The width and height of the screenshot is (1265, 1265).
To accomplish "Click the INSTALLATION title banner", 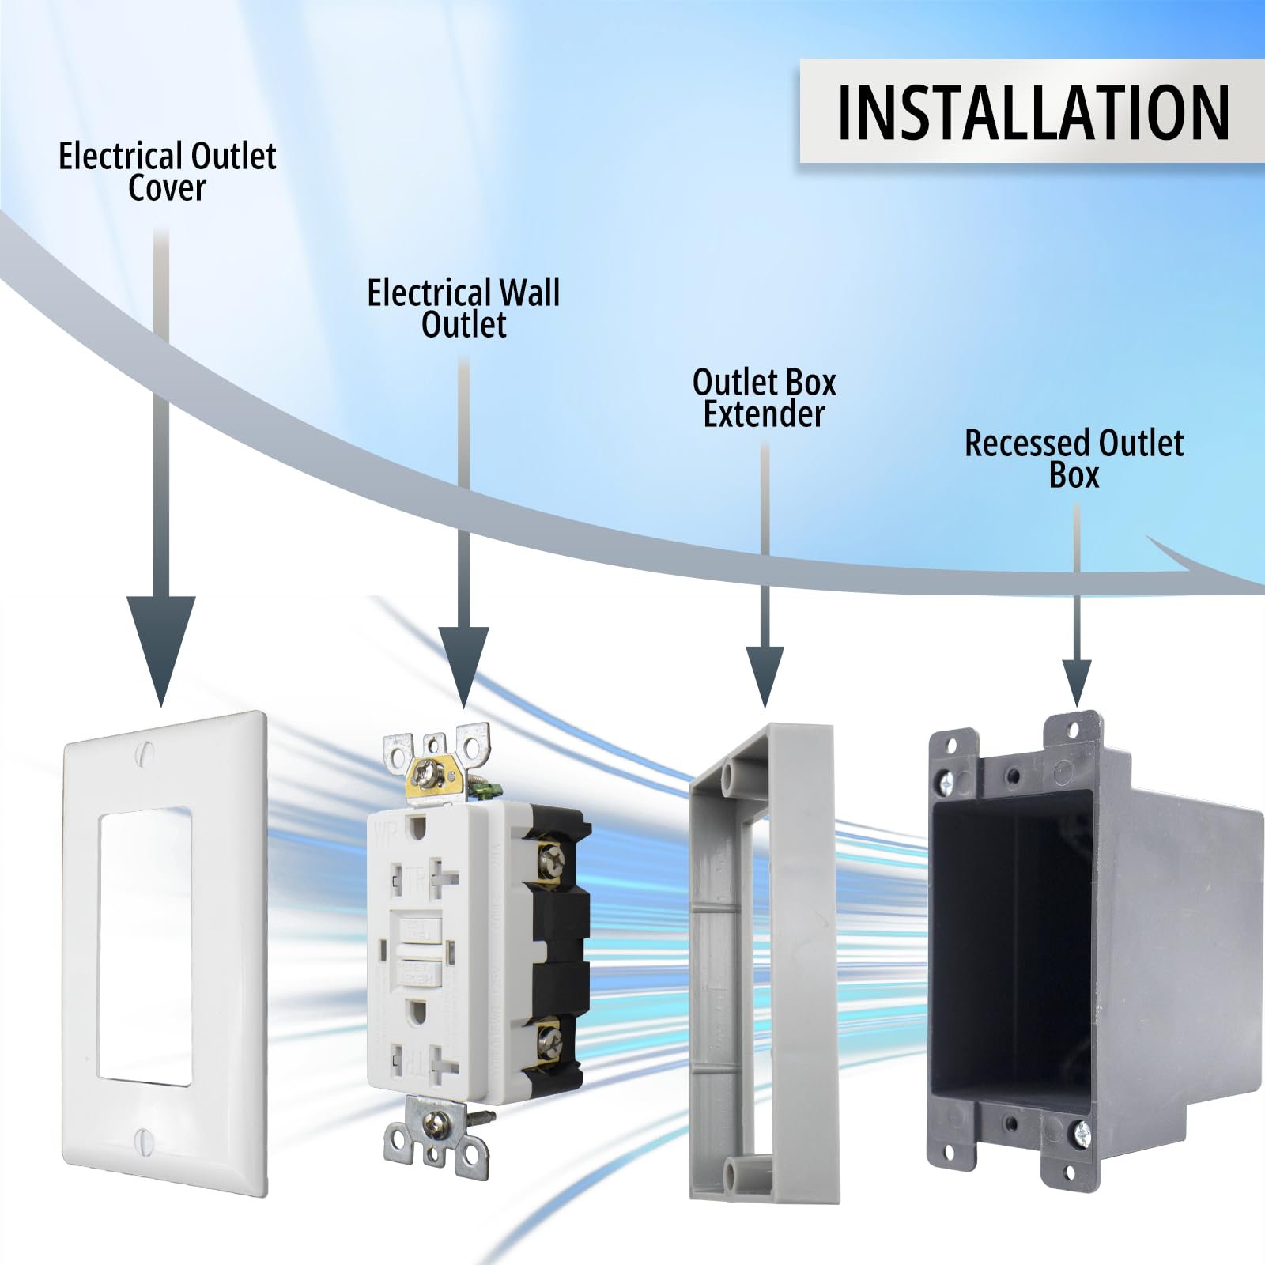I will tap(1032, 111).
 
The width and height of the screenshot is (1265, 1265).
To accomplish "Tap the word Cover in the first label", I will tap(167, 189).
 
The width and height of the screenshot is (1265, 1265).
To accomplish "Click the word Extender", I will tap(764, 414).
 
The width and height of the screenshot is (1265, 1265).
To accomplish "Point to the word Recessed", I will tap(1027, 444).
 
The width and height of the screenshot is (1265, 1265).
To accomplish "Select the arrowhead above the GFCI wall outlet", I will tap(464, 663).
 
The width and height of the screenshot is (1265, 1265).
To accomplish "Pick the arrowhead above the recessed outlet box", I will tap(1076, 680).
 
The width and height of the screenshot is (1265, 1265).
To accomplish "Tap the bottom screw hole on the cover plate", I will tap(143, 1139).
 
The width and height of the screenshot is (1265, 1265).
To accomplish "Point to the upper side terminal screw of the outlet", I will tap(551, 855).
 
